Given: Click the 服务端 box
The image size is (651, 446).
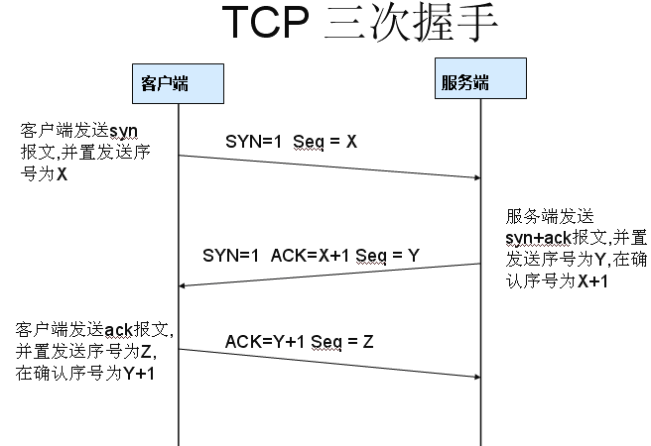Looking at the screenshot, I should pos(463,80).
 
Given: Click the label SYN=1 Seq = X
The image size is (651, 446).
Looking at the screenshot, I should pos(291,142).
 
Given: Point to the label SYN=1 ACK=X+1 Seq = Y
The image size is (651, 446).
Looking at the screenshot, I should pos(311,256).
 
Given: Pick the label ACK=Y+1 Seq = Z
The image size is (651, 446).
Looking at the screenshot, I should pos(299,342).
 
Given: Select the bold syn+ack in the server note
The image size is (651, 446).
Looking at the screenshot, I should pos(528,240).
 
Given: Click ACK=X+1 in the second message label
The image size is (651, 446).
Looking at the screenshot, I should pos(303,256).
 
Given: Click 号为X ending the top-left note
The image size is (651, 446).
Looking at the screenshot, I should pos(45,173).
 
